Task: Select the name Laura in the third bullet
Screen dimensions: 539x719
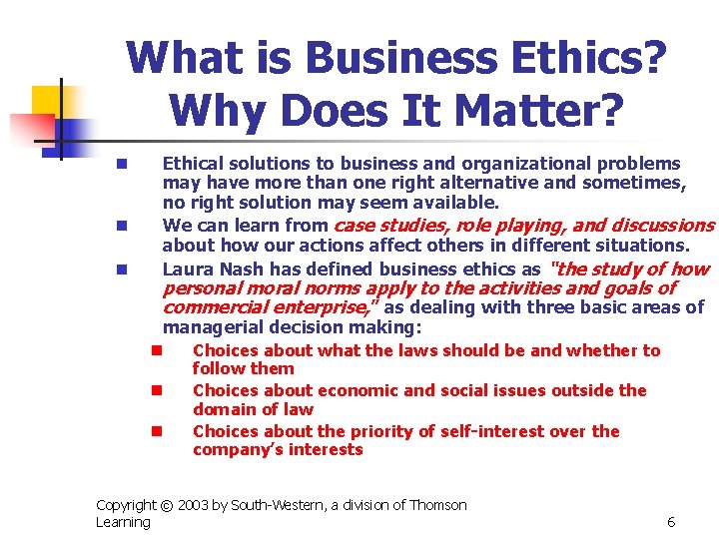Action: (186, 269)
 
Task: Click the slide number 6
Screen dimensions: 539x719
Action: (671, 522)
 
